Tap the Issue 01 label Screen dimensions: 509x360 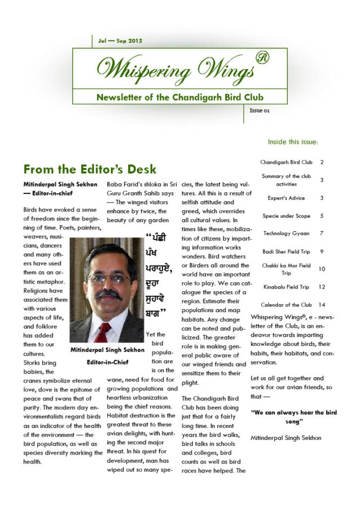point(259,110)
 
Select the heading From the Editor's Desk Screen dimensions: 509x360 point(90,169)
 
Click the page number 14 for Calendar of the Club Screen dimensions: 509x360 point(322,305)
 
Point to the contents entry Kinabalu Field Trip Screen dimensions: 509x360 point(286,287)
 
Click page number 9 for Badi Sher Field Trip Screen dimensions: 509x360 point(322,251)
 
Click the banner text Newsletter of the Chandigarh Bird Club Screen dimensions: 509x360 point(179,97)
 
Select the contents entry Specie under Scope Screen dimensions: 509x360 point(286,215)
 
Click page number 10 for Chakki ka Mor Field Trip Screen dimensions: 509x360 point(322,269)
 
